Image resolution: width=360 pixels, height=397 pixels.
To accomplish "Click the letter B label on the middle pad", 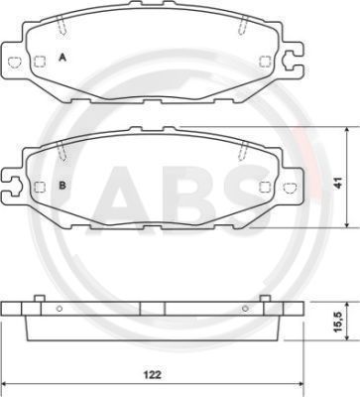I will [62, 186].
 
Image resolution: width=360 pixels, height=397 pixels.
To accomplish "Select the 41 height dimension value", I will [336, 183].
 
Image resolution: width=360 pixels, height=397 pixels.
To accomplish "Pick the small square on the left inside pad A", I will [39, 62].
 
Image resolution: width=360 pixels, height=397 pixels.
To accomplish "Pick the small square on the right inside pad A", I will [264, 62].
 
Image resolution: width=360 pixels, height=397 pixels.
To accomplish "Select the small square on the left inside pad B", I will [39, 185].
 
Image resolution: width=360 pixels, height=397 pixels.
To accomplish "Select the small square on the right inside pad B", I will [264, 184].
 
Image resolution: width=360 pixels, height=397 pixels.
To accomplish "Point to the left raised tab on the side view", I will [37, 298].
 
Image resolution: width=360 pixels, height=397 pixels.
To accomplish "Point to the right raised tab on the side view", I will [265, 298].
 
